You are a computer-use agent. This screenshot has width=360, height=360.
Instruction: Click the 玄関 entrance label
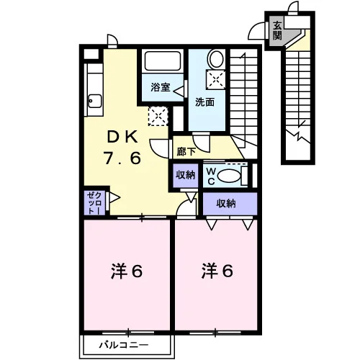[277, 31]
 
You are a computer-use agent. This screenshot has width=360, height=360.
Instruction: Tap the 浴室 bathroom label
[161, 87]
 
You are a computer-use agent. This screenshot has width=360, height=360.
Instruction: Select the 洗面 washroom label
[204, 102]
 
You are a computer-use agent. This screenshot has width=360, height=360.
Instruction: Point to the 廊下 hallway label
[186, 152]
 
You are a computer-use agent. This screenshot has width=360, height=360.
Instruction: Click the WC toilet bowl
[229, 176]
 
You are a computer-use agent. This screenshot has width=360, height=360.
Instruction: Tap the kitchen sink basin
[95, 102]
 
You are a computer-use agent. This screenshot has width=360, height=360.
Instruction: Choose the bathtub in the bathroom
[163, 61]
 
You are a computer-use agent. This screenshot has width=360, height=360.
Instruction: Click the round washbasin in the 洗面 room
[216, 59]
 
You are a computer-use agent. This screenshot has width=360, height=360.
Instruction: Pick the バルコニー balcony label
[124, 346]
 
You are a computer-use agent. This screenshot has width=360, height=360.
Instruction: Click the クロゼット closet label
[94, 203]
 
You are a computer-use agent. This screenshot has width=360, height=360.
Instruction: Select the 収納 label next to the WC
[185, 175]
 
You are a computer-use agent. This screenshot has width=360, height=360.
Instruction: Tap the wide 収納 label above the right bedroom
[226, 204]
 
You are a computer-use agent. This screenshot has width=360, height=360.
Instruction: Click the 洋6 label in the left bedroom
[127, 271]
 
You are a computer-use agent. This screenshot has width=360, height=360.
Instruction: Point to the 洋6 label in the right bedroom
[217, 271]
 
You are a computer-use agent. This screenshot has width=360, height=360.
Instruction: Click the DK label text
[122, 138]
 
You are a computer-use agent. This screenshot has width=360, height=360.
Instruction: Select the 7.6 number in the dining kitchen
[122, 158]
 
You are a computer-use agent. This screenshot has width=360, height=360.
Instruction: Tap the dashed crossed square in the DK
[158, 116]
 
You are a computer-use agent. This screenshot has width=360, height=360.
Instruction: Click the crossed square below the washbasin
[216, 79]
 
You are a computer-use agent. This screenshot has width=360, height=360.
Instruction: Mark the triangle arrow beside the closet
[114, 198]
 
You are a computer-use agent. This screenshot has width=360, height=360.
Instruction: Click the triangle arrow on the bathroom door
[179, 91]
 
